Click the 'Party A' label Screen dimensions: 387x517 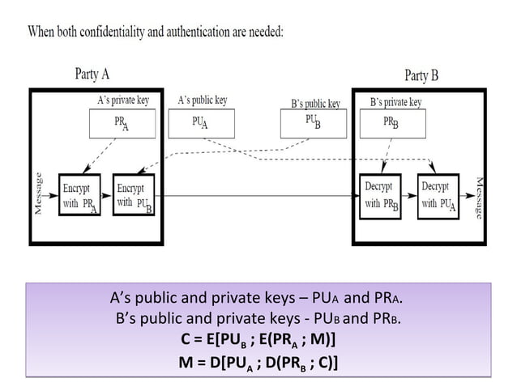(x=92, y=74)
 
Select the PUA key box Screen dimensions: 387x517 (x=200, y=122)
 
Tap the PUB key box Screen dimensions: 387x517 (x=311, y=123)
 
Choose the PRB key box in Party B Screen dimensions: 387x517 (x=391, y=123)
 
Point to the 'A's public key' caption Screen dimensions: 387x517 (x=203, y=100)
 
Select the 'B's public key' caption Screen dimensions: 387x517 (x=315, y=104)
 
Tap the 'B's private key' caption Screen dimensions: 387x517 (x=395, y=102)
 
